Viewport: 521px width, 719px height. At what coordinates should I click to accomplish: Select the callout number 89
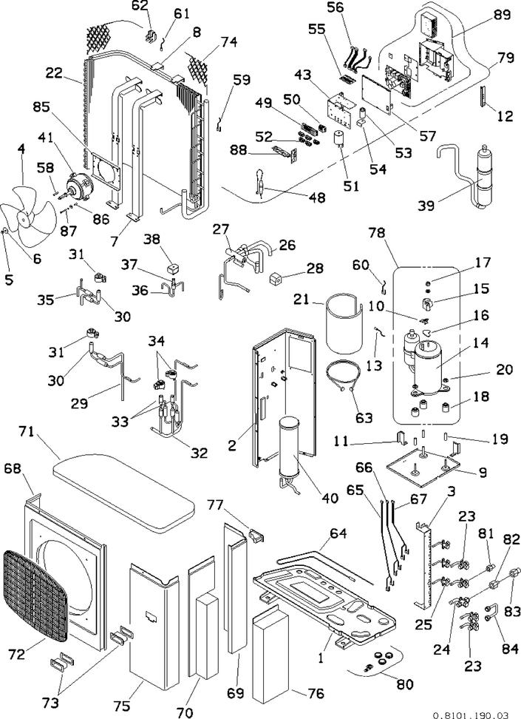(x=502, y=14)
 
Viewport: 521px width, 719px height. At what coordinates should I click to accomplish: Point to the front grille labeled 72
(x=35, y=594)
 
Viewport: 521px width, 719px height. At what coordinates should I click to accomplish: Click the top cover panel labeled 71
(x=123, y=490)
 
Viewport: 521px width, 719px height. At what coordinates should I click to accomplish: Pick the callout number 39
(x=426, y=206)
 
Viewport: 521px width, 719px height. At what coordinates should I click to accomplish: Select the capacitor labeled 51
(x=338, y=138)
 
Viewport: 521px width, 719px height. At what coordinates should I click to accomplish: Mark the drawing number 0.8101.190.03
(x=471, y=715)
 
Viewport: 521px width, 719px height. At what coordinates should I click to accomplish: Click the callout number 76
(x=316, y=693)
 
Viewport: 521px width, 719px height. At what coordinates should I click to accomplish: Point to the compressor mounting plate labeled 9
(x=423, y=465)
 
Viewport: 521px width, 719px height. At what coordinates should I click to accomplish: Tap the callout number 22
(x=54, y=72)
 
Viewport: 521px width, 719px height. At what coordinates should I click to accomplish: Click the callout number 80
(x=405, y=684)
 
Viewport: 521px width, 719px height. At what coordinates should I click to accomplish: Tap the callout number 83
(x=512, y=611)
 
